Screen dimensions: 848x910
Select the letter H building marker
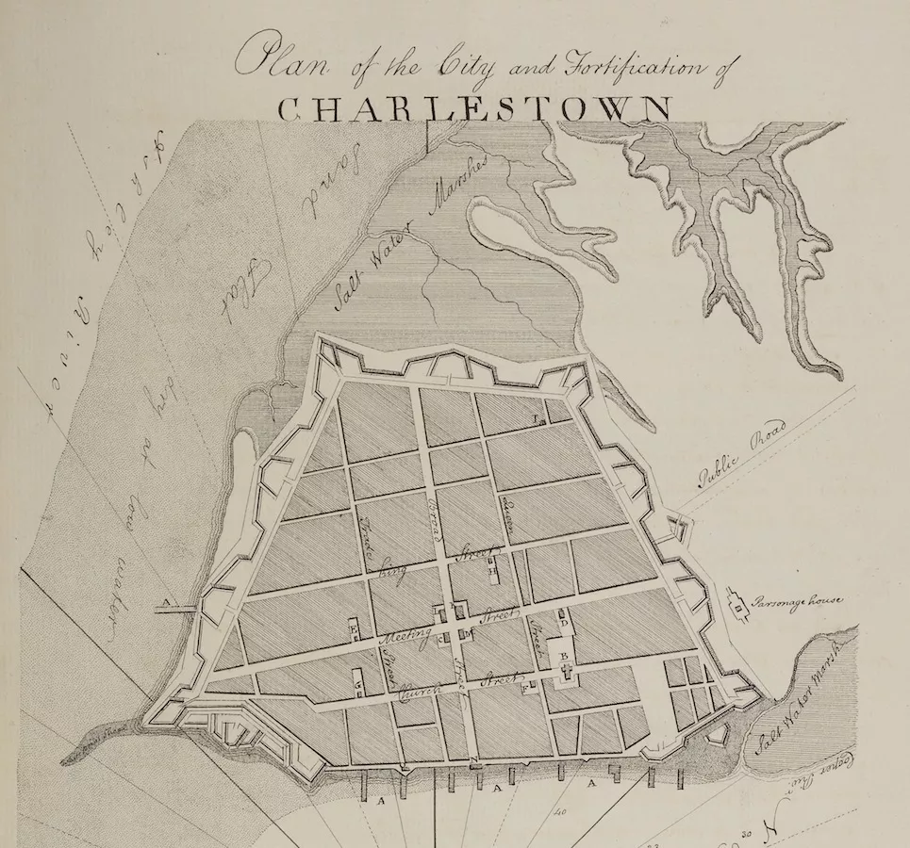[x=492, y=570]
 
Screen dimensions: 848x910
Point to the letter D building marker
[x=563, y=624]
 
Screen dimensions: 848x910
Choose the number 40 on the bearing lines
[x=560, y=810]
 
